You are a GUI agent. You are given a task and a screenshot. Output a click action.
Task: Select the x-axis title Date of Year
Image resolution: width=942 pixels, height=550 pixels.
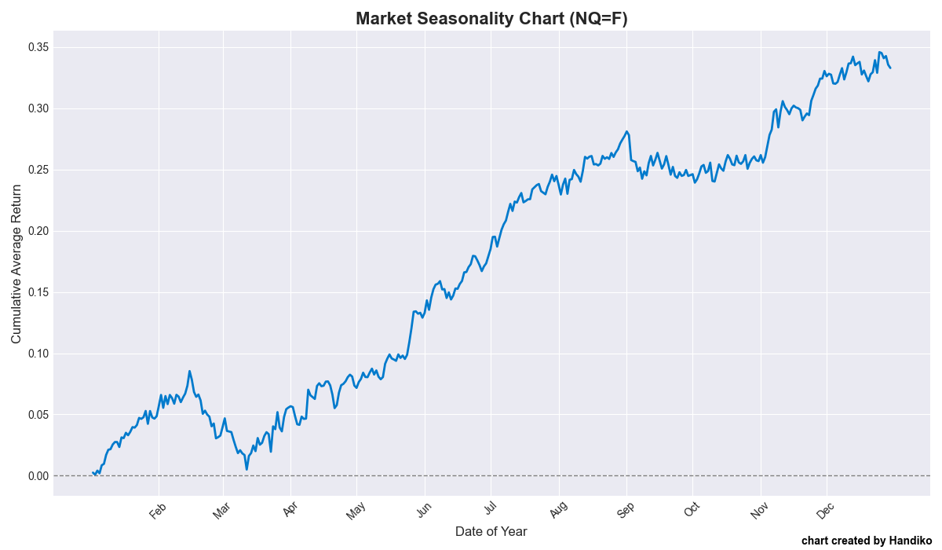491,531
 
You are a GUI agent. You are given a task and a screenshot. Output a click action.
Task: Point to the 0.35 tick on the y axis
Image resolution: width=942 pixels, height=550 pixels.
38,47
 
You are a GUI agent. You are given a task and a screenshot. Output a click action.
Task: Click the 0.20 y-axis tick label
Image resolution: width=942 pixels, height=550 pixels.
38,231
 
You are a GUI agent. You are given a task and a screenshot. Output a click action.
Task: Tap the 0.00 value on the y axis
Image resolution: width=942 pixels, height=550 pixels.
38,476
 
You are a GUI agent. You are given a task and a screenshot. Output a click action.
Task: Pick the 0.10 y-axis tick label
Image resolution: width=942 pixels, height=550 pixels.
38,354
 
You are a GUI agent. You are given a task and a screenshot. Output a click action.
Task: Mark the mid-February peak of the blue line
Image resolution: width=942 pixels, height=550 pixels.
189,371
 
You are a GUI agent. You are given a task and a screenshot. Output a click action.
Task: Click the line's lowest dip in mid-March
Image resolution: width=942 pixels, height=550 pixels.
246,469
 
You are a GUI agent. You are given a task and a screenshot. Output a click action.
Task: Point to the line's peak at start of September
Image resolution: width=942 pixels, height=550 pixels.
626,131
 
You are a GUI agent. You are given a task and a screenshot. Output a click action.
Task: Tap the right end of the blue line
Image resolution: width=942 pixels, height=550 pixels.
890,68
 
